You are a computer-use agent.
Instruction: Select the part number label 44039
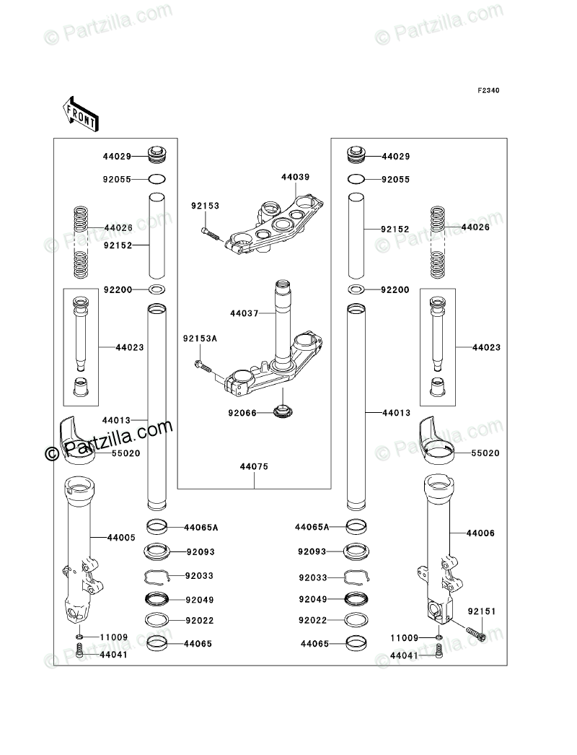(x=295, y=177)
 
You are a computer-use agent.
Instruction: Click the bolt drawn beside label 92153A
(x=203, y=367)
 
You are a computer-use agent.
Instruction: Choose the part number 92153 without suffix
(x=204, y=206)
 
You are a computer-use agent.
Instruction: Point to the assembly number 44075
(x=255, y=467)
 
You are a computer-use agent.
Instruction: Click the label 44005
(x=121, y=537)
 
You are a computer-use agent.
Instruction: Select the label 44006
(x=480, y=533)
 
